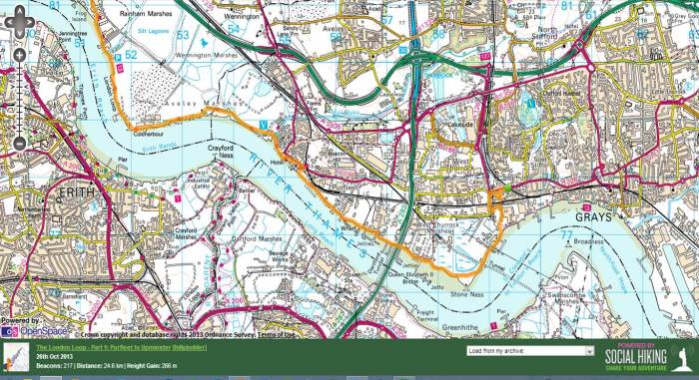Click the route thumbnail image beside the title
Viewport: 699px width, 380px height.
pyautogui.click(x=17, y=357)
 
